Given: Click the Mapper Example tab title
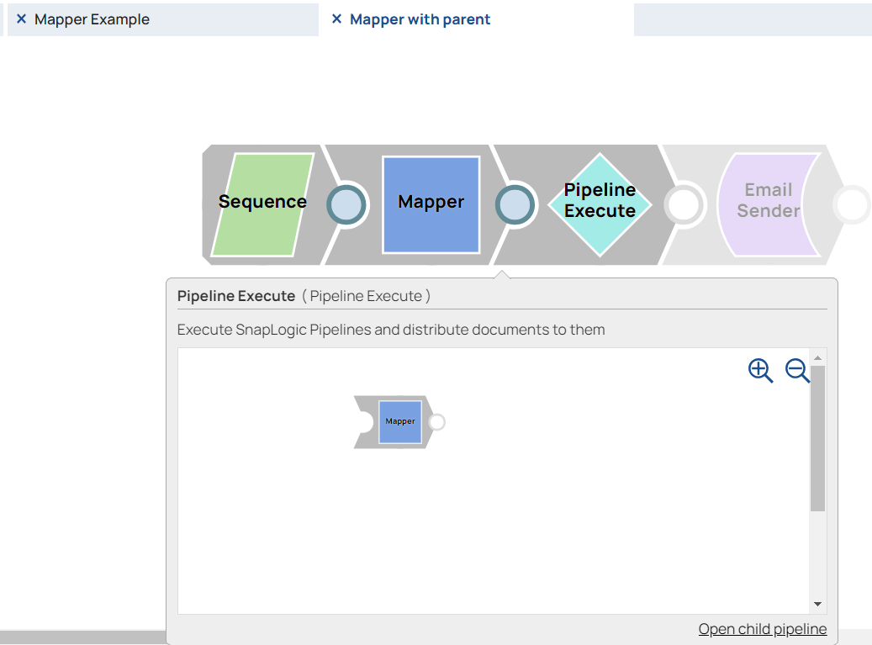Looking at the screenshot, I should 92,19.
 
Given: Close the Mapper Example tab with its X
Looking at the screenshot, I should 22,19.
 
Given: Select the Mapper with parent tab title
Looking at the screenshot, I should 420,19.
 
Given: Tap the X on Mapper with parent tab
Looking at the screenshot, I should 336,19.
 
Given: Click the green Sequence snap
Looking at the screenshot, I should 262,204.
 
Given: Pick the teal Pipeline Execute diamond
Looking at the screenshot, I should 600,204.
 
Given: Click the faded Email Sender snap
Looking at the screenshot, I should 768,204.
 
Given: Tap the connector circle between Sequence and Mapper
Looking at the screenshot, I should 346,204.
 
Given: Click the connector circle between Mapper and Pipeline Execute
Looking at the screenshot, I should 515,204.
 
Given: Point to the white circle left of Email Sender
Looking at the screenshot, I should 684,204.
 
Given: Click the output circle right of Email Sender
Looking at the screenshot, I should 853,204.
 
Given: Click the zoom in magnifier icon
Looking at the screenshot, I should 760,371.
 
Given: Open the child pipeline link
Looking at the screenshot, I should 762,629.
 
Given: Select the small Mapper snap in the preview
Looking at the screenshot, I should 400,421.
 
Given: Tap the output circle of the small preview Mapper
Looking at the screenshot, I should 436,422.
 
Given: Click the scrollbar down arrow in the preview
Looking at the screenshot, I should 817,605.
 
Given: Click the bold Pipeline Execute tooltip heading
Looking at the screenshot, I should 236,296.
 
